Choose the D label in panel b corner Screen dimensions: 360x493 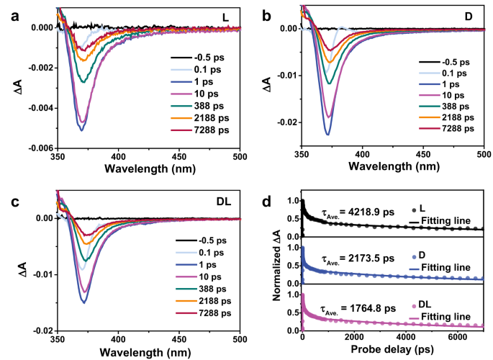[x=472, y=15]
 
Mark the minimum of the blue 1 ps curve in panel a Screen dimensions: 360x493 [x=81, y=130]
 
